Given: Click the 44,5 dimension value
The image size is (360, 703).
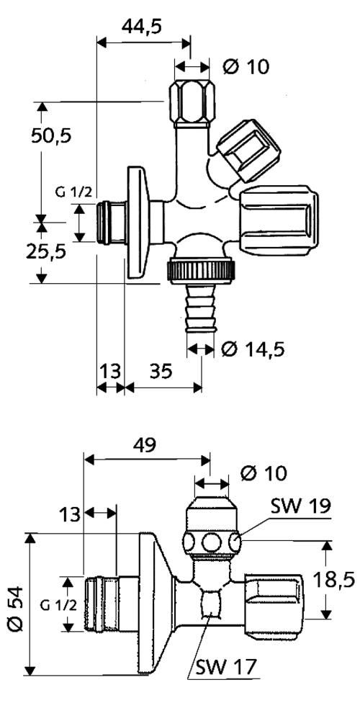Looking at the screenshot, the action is click(x=141, y=27).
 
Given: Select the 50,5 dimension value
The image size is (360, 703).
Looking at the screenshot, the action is click(x=51, y=135).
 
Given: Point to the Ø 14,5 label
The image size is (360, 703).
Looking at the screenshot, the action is click(x=253, y=349).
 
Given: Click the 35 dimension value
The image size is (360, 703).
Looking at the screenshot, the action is click(x=161, y=371).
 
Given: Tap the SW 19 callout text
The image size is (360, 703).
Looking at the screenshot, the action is click(x=301, y=506).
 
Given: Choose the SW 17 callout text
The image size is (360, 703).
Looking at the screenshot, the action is click(x=226, y=667).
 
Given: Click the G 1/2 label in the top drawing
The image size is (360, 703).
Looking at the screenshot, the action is click(x=74, y=192).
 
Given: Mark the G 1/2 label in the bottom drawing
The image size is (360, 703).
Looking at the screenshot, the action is click(x=58, y=606).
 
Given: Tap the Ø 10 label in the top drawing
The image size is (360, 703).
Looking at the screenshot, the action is click(x=246, y=67).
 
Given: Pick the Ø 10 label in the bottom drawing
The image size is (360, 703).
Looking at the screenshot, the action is click(x=264, y=473).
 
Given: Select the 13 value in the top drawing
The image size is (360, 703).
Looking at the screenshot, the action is click(x=109, y=371).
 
